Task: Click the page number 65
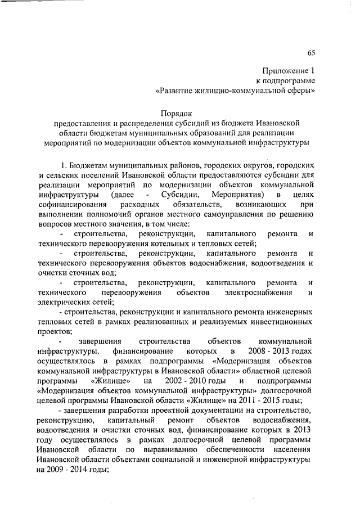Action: click(x=311, y=53)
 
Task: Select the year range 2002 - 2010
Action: click(x=192, y=381)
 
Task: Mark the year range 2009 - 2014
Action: click(x=72, y=469)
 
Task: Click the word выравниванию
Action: click(x=178, y=449)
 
